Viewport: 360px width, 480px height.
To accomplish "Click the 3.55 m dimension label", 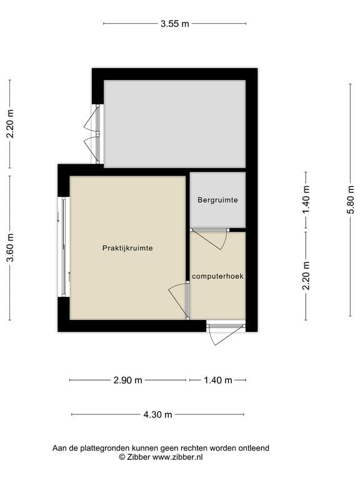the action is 175,24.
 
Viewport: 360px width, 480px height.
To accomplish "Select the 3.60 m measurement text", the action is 11,247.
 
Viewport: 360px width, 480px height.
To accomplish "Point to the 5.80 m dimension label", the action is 351,199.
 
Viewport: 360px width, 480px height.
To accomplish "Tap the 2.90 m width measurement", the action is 127,380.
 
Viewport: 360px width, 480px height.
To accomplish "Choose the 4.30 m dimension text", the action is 157,414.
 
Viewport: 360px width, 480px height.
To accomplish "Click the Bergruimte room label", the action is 217,200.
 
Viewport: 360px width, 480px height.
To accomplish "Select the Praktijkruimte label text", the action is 127,248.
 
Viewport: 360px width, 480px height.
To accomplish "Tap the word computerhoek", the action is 217,276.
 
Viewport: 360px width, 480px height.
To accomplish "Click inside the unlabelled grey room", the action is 175,124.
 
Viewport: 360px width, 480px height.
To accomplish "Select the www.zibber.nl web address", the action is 177,457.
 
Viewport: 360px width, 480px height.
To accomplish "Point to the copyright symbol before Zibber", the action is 122,457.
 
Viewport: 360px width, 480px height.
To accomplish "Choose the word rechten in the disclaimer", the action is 194,448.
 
